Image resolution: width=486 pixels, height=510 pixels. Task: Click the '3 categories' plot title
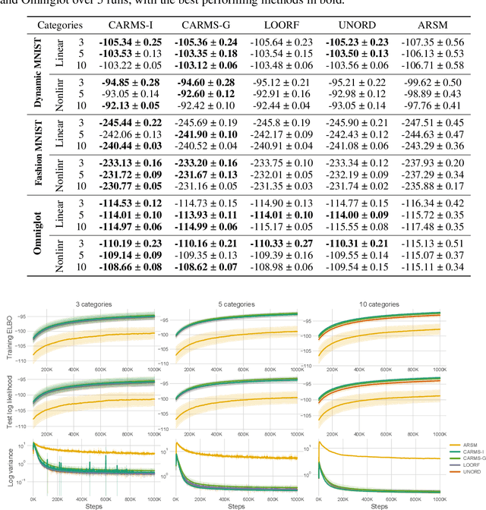click(93, 304)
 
